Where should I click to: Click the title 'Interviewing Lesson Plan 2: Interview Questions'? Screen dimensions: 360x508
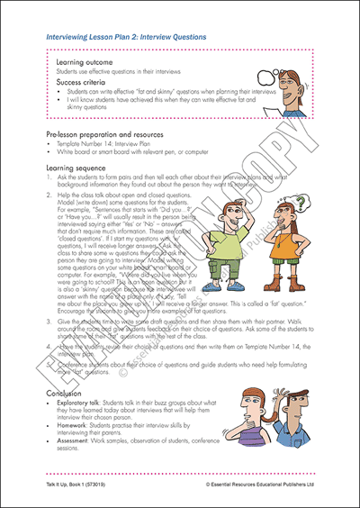point(125,38)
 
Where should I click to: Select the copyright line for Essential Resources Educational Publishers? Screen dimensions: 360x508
point(256,485)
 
